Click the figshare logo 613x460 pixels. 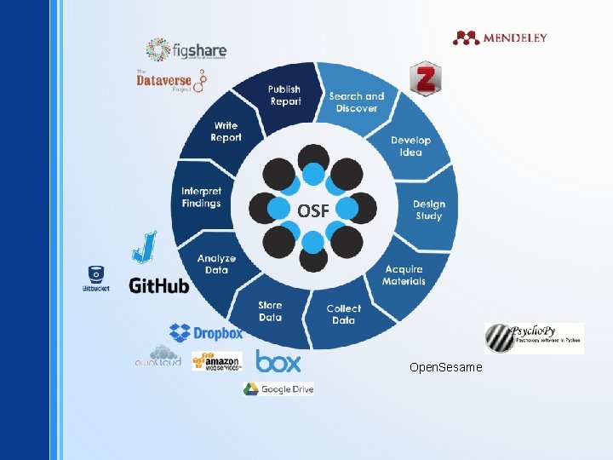[x=186, y=49]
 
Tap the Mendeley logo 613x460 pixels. [x=500, y=37]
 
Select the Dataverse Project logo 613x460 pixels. [x=171, y=80]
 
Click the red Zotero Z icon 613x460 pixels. [x=423, y=78]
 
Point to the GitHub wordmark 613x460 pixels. [x=159, y=285]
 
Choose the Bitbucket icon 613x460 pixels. [x=95, y=279]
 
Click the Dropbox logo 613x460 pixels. [x=206, y=333]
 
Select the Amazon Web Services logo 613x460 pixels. [x=217, y=361]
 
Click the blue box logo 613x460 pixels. [x=278, y=362]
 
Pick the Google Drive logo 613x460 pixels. [x=278, y=388]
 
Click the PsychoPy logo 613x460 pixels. [x=534, y=338]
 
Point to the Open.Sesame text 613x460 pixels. [x=445, y=367]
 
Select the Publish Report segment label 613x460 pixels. [x=285, y=95]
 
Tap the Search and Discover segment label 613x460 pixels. [x=356, y=102]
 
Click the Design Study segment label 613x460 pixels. [x=428, y=210]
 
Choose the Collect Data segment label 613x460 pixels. [x=343, y=314]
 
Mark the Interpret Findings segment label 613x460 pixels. [x=201, y=198]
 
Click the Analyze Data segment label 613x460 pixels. [x=216, y=264]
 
